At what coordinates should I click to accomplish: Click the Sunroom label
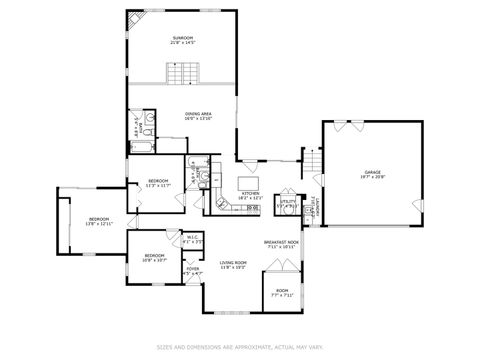coord(182,41)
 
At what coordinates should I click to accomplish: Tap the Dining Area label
coord(197,116)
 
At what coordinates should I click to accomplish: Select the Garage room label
coord(372,175)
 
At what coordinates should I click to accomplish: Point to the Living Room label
coord(233,264)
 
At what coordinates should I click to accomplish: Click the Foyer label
coord(192,271)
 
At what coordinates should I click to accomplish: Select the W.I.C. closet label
coord(193,239)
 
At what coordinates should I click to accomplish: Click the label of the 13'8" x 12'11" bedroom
coord(98,221)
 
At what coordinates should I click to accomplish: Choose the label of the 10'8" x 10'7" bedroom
coord(154,258)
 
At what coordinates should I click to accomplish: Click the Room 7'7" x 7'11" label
coord(283,293)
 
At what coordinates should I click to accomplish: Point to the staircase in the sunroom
coord(183,74)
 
